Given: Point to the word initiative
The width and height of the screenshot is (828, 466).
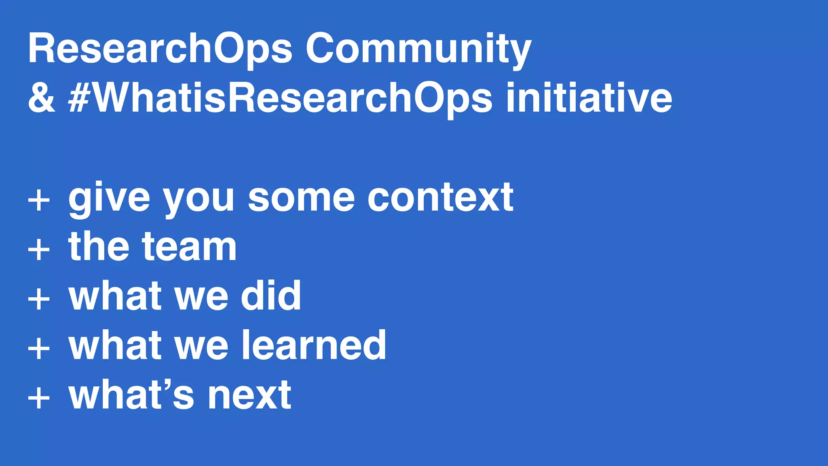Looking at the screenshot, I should (x=589, y=98).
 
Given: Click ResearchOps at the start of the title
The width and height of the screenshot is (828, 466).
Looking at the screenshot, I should (x=160, y=49).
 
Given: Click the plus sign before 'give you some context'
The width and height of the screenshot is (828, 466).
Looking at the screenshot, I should (x=39, y=200).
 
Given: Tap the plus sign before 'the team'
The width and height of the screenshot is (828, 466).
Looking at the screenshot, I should (x=39, y=249).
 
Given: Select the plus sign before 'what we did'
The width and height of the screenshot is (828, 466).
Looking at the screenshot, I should (x=39, y=299).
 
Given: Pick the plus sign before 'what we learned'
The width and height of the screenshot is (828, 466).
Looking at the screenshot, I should (x=39, y=348).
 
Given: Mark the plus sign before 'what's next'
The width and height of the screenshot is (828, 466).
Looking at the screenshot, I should (x=39, y=398).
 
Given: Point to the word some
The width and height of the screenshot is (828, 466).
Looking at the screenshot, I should (x=301, y=198).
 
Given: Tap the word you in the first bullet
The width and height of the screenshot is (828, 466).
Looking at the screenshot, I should (x=199, y=200).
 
